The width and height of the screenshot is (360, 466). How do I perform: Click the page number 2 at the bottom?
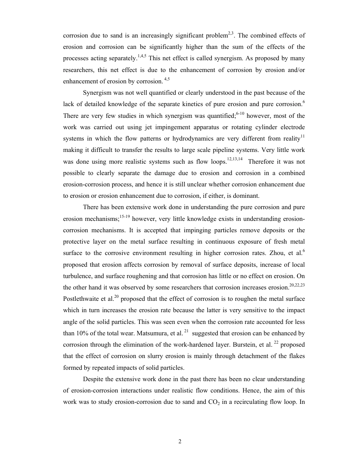click(180, 441)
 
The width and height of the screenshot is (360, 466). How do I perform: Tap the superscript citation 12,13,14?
click(235, 159)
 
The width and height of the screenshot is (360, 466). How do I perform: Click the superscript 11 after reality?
click(302, 136)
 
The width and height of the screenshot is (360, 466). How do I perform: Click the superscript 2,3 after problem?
click(231, 33)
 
